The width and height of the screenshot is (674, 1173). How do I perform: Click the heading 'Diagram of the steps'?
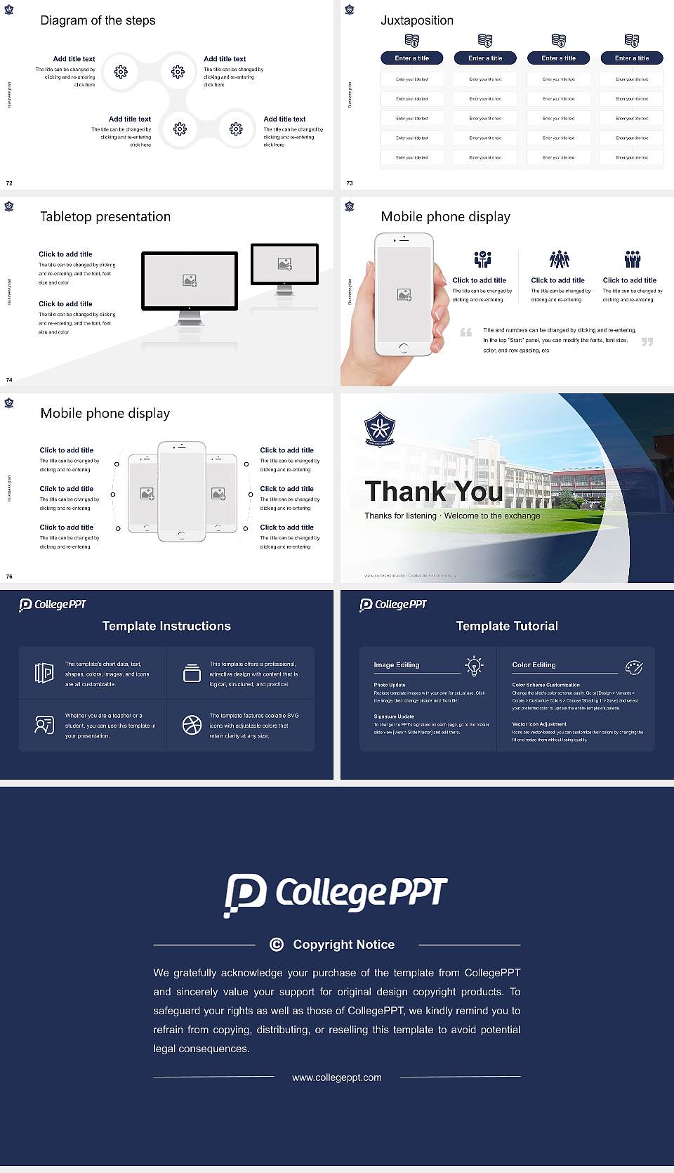coord(98,20)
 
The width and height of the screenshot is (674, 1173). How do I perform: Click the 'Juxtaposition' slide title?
coord(416,20)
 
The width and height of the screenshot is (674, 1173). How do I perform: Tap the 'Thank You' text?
coord(433,492)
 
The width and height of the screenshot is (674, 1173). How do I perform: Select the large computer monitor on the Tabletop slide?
coord(190,281)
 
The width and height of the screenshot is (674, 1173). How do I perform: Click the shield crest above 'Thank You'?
coord(380,429)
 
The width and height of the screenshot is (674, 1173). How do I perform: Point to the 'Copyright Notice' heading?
coord(343,945)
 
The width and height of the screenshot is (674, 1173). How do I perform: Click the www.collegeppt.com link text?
coord(337,1077)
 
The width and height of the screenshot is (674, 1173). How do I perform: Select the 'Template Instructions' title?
coord(166,626)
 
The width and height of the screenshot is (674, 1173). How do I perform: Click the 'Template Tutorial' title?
coord(507,626)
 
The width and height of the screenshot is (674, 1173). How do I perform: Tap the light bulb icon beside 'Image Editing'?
coord(474,666)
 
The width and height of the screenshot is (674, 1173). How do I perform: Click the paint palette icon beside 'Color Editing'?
coord(634,667)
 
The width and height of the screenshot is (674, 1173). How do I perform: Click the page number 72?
coord(9,183)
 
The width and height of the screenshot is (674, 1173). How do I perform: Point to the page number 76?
coord(9,577)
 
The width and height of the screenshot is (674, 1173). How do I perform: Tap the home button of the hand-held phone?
coord(403,348)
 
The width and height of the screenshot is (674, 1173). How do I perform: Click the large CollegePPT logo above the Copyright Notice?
coord(336,894)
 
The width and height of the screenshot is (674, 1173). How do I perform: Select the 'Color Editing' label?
coord(534,665)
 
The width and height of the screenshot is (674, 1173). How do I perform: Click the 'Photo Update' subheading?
coord(390,685)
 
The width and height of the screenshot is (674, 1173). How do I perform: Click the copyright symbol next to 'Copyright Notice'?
coord(277,945)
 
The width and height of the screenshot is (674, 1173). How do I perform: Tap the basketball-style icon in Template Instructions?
coord(192,725)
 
